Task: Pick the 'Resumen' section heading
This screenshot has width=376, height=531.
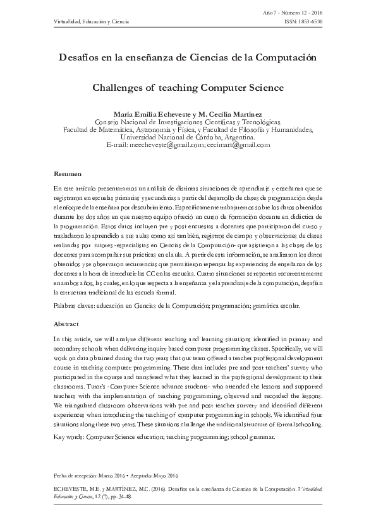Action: click(x=66, y=173)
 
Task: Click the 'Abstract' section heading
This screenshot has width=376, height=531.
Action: click(x=66, y=323)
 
